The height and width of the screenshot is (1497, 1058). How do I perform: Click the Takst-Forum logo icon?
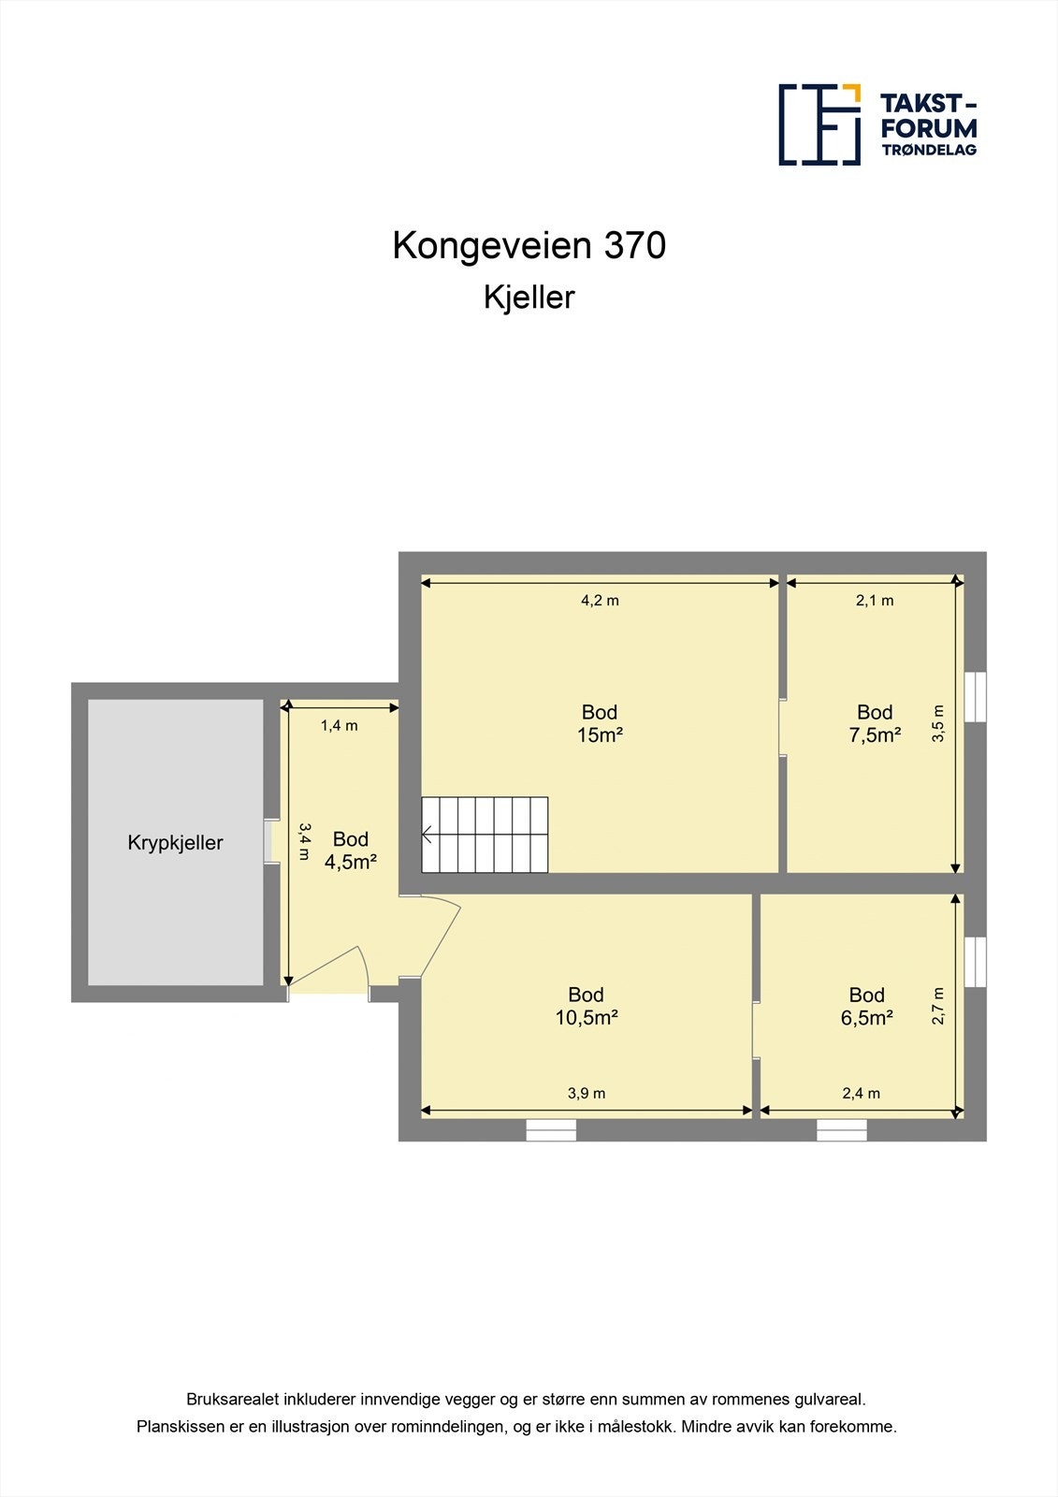(819, 124)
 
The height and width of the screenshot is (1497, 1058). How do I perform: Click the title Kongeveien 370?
(529, 246)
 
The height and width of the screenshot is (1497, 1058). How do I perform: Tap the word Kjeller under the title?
(529, 298)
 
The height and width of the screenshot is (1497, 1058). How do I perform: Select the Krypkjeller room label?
(175, 843)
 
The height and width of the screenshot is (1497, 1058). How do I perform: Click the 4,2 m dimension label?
(600, 601)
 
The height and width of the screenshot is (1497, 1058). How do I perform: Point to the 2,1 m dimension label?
(875, 601)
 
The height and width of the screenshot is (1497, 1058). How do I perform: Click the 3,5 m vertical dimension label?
(938, 723)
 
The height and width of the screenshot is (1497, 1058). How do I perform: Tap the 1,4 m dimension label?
(339, 725)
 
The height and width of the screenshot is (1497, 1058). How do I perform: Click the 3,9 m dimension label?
(587, 1093)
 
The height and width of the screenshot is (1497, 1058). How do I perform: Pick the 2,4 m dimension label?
(861, 1093)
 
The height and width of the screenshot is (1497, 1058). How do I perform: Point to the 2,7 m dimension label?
(938, 1006)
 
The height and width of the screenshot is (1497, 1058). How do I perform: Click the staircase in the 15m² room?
(485, 835)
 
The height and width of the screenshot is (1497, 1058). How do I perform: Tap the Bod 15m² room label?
(600, 724)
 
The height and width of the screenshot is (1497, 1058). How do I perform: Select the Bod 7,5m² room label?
(875, 724)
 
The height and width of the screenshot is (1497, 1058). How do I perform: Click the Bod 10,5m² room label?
(587, 1007)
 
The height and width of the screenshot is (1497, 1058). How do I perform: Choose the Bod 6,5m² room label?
(867, 1007)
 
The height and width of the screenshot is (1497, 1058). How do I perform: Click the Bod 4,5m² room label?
(351, 850)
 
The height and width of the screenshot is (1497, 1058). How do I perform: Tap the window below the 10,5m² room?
(551, 1130)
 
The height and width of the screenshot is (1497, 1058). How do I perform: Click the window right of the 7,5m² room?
(975, 696)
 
